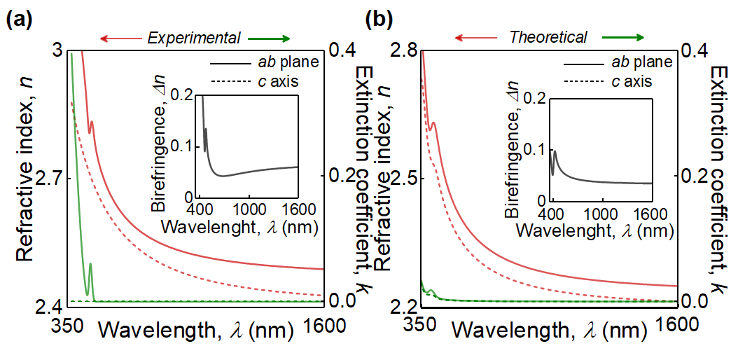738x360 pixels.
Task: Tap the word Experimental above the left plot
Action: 194,37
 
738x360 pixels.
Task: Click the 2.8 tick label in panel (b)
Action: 402,50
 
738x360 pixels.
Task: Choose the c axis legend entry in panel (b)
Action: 640,81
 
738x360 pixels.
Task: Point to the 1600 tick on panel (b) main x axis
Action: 676,326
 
